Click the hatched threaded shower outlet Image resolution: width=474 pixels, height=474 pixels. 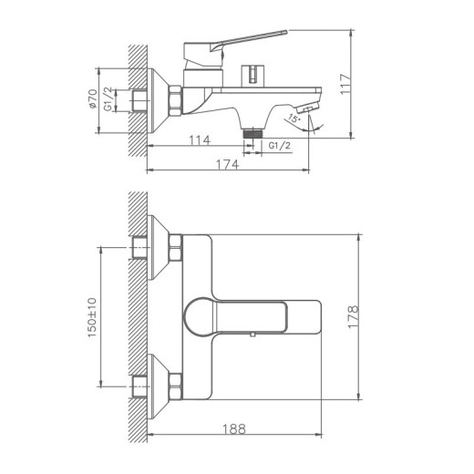[x=252, y=132]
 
